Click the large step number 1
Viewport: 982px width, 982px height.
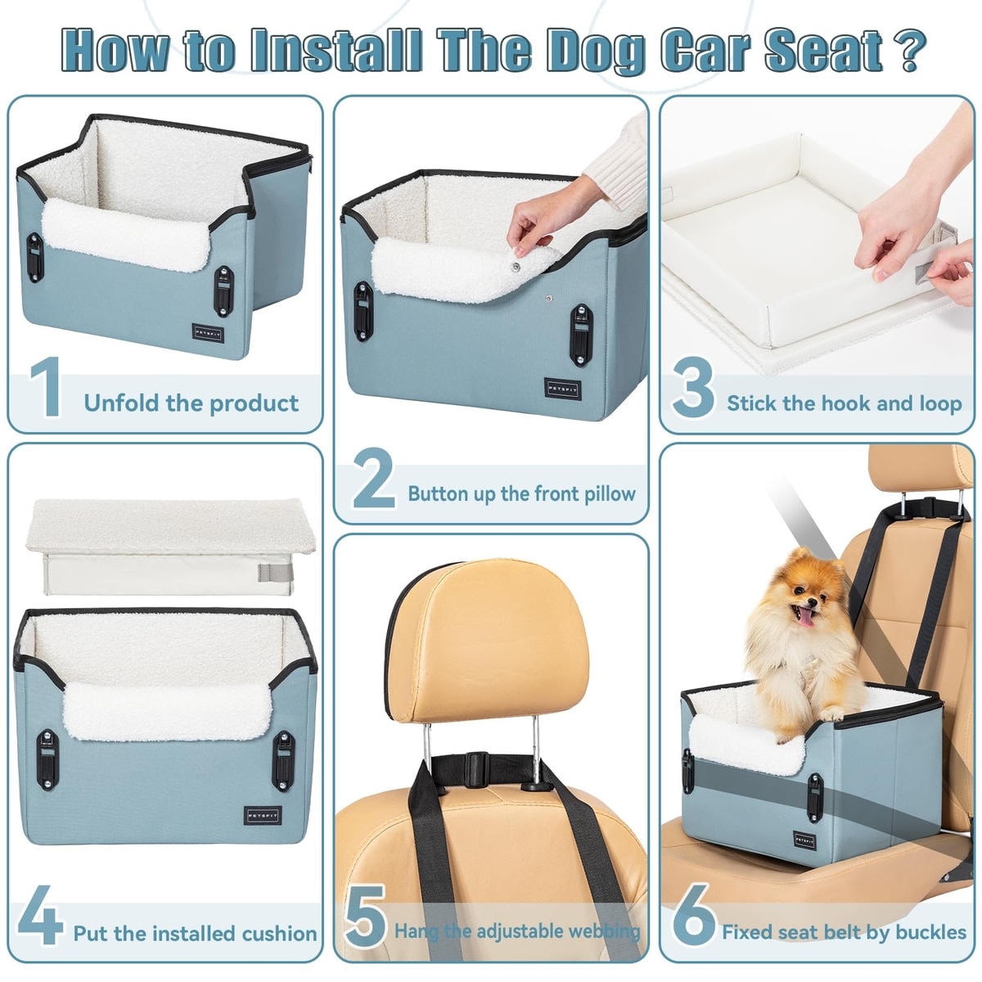pos(47,386)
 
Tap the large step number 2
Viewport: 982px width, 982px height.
pos(374,479)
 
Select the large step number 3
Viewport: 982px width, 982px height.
pos(692,387)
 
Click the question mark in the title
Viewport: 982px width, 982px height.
pos(907,51)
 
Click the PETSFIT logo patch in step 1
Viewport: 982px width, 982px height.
pos(209,333)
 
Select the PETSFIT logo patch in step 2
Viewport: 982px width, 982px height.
pos(562,389)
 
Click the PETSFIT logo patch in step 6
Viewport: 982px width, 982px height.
pos(805,840)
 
